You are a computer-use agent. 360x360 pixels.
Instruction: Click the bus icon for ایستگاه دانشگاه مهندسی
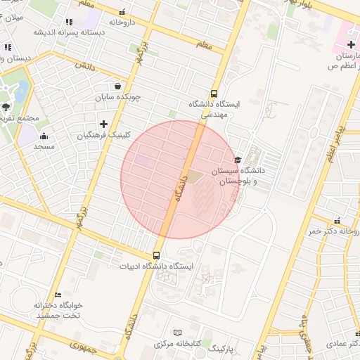(x=214, y=94)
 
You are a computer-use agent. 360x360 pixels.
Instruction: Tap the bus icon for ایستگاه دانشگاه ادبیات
(x=156, y=256)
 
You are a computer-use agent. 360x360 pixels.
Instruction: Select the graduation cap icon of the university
(x=238, y=160)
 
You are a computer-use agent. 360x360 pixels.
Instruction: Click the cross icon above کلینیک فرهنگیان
(x=103, y=124)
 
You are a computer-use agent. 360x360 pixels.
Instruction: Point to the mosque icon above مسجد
(x=44, y=136)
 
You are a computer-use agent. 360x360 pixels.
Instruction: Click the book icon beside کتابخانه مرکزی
(x=177, y=332)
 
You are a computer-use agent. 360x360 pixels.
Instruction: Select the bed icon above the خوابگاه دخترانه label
(x=58, y=295)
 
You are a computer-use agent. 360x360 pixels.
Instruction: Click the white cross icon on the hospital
(x=350, y=45)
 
